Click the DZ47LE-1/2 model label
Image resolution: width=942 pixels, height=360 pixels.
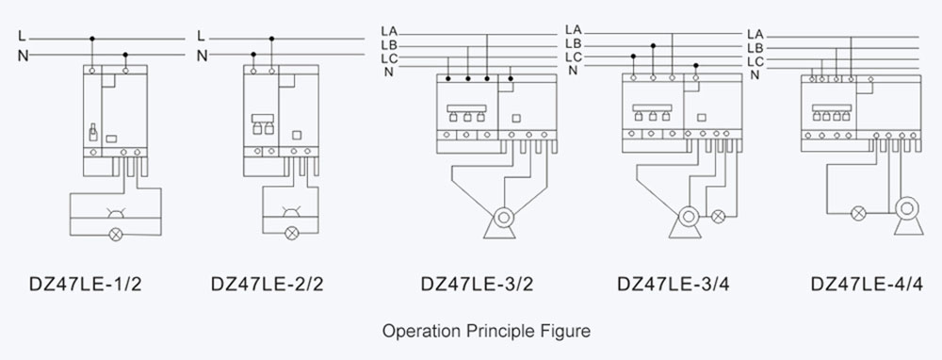coord(86,284)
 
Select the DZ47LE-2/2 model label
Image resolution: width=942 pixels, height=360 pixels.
coord(267,284)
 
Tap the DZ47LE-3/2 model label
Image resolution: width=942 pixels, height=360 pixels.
coord(477,284)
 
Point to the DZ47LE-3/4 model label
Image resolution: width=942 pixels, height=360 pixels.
coord(673,284)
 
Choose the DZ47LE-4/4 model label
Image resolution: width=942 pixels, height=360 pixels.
coord(867,284)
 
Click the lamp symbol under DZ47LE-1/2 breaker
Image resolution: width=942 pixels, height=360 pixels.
coord(116,234)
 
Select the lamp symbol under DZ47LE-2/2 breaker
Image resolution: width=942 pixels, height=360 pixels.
coord(291,233)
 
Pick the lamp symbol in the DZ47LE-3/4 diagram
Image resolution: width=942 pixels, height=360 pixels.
coord(718,217)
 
